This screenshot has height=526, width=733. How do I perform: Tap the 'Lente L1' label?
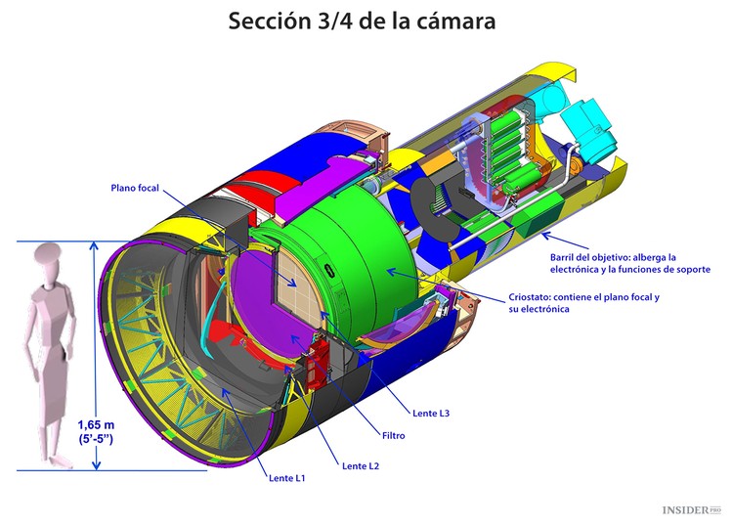(x=287, y=478)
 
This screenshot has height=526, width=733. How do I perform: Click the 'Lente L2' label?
(x=360, y=465)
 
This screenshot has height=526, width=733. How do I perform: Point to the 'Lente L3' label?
(x=431, y=413)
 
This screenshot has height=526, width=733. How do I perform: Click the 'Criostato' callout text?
(x=583, y=302)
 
